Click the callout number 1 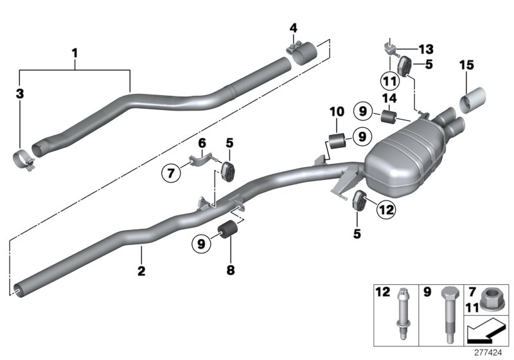click(75, 51)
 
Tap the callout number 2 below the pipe click(141, 271)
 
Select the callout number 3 click(20, 94)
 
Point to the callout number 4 click(293, 28)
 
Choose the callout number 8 click(231, 271)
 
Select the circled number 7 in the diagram click(170, 172)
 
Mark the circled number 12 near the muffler click(387, 208)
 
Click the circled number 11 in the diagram click(389, 80)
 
